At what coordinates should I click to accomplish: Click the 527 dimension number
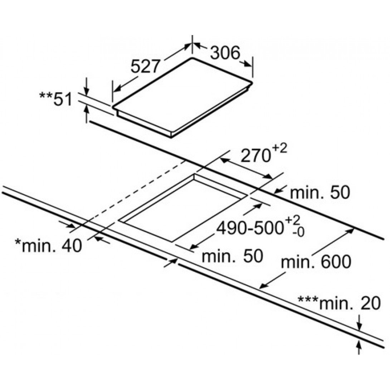145,67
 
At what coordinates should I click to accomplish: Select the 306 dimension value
225,53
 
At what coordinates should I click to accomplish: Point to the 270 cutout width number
256,156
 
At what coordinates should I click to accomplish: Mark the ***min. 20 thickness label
339,303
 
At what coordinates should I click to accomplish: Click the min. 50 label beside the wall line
320,192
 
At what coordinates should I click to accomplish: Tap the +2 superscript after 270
279,149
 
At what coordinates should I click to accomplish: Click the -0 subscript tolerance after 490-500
298,232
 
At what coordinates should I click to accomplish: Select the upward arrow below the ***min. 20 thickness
359,347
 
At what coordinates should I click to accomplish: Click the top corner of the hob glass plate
192,58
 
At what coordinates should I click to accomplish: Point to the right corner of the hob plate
252,83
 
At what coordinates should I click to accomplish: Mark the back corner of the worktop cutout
194,175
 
